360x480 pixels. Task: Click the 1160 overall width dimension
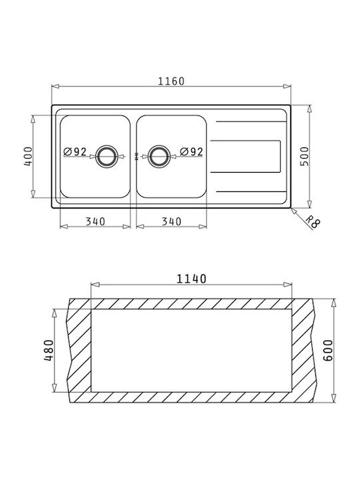171,81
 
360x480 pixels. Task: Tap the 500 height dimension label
305,157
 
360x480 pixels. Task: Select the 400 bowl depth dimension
28,157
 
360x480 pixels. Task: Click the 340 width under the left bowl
95,221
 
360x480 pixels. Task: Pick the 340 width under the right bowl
171,221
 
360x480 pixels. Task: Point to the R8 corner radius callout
313,222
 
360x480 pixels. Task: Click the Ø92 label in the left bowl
75,151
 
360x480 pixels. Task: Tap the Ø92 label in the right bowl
191,151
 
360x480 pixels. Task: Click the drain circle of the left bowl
106,145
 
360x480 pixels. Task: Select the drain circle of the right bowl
159,145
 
